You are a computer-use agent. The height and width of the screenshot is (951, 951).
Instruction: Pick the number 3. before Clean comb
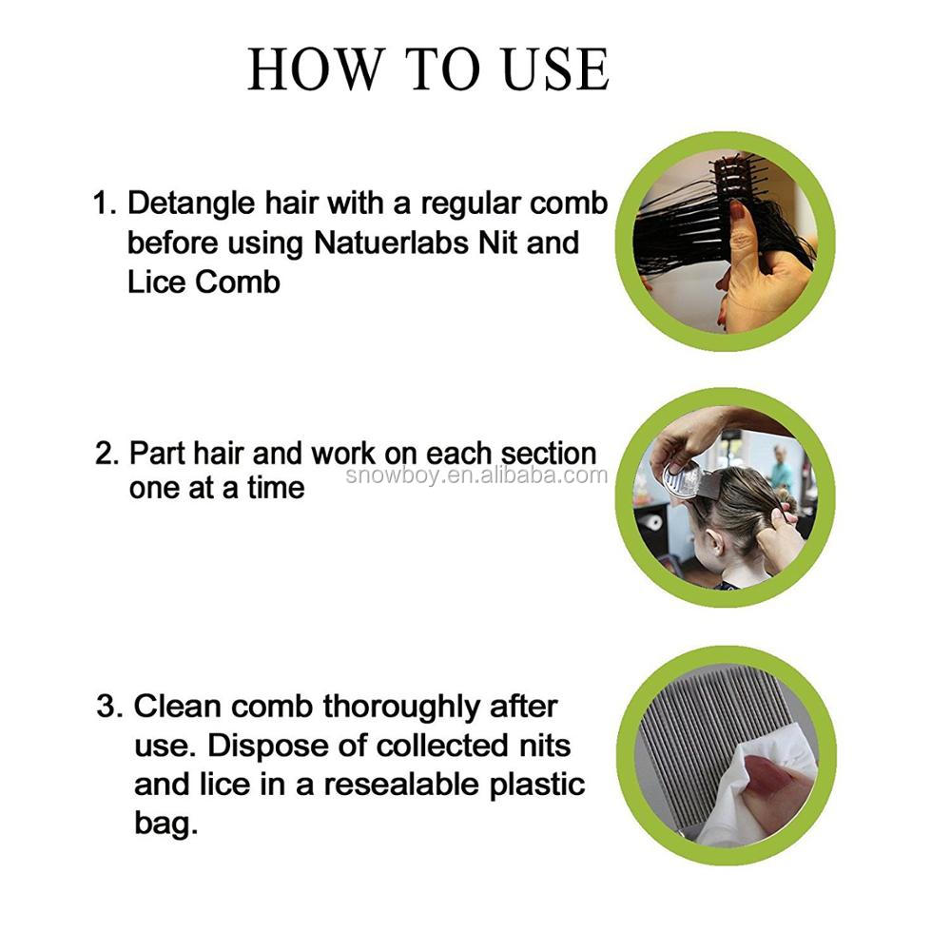(111, 707)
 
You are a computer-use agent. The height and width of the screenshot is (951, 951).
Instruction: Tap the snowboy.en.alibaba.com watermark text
(475, 475)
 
